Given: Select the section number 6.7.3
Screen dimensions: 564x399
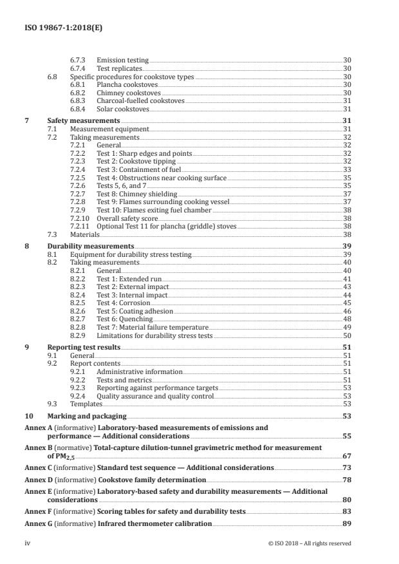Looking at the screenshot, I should coord(78,60).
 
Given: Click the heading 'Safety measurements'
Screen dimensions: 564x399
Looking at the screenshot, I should coord(84,120).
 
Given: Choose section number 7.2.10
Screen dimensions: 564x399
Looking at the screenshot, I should coord(79,218).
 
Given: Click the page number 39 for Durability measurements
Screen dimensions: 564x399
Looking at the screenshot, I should coord(346,247).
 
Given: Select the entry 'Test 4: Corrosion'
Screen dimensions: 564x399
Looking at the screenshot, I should coord(123,303).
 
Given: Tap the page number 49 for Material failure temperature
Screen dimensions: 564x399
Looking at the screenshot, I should coord(346,328).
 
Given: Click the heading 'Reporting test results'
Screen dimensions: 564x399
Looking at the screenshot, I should coord(84,347).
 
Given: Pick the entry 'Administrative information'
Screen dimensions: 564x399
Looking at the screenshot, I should coord(140,372).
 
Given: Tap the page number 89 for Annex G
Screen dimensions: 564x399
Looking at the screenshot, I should coord(346,523).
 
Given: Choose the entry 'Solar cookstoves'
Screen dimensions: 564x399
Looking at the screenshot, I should coord(122,109).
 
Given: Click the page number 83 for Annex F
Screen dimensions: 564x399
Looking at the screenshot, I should coord(346,512).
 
